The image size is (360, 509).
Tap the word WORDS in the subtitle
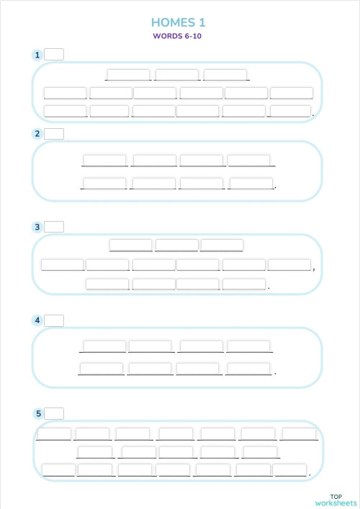[x=167, y=36]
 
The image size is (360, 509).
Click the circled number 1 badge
[x=37, y=55]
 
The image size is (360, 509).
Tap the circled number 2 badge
[x=37, y=134]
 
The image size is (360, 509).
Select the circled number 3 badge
[x=37, y=228]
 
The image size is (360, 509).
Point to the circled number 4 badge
[x=37, y=320]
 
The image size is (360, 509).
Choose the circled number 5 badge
[x=37, y=413]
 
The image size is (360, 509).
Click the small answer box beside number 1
[x=54, y=54]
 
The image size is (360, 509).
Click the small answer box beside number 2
[x=54, y=133]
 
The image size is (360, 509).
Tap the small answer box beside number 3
[x=54, y=227]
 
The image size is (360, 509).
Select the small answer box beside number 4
[x=54, y=320]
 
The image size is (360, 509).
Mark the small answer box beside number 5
[x=54, y=413]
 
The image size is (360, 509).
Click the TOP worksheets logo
[x=336, y=500]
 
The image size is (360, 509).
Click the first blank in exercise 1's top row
[x=128, y=75]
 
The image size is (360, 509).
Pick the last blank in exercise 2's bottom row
[x=251, y=184]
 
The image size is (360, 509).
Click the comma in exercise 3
[x=313, y=269]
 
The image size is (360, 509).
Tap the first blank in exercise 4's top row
[x=104, y=346]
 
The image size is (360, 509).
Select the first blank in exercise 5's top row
[x=54, y=433]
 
